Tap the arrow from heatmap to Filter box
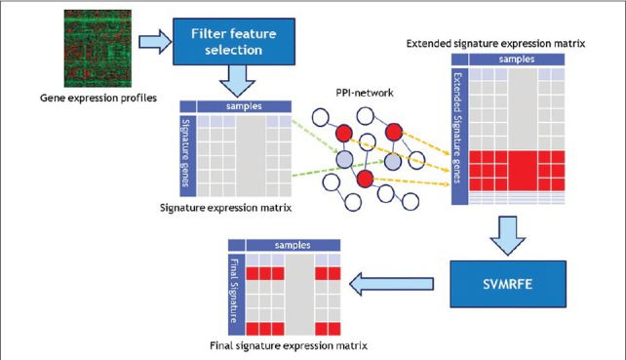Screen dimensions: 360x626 point(154,42)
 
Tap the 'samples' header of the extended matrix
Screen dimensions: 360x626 point(516,60)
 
